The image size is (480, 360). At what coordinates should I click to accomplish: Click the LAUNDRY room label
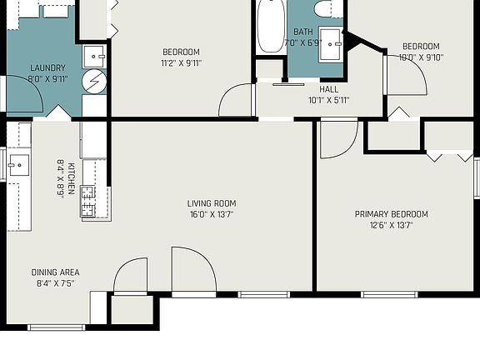pos(47,67)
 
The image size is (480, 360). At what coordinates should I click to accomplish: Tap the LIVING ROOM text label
pos(212,203)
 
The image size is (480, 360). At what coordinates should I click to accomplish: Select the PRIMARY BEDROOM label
pos(391,214)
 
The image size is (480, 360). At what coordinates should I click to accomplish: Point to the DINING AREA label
pos(55,272)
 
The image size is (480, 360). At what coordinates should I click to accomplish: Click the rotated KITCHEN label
pos(71,179)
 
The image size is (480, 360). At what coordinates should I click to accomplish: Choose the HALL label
pos(329,89)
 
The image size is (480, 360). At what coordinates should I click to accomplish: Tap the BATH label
pos(303,32)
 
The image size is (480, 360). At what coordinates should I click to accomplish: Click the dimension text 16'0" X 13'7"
pos(212,215)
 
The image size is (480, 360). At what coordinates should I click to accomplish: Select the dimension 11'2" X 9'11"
pos(181,63)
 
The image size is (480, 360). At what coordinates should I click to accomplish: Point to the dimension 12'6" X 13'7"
pos(391,225)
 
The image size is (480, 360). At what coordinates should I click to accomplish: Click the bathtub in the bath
pos(271,26)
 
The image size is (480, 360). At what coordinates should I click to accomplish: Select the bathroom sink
pos(330,44)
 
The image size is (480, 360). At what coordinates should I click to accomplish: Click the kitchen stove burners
pos(87,202)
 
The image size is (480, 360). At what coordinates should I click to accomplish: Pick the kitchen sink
pos(19,165)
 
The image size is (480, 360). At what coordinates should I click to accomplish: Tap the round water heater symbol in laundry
pos(94,82)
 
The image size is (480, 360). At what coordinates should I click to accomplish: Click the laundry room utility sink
pos(94,57)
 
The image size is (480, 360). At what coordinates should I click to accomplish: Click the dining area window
pos(57,327)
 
